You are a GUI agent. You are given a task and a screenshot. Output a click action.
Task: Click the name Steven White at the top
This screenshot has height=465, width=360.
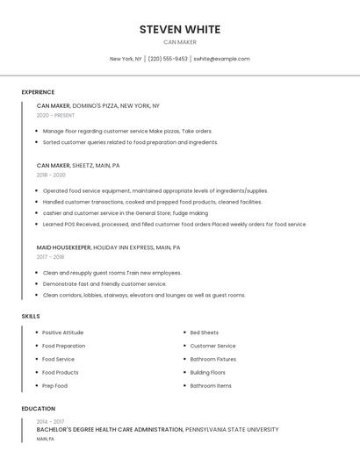(x=179, y=29)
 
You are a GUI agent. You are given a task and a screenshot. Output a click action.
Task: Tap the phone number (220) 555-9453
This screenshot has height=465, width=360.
(x=168, y=59)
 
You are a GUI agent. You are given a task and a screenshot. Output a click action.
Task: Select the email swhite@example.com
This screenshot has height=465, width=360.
(x=221, y=59)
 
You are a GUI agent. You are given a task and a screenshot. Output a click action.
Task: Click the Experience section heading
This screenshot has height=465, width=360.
(x=38, y=92)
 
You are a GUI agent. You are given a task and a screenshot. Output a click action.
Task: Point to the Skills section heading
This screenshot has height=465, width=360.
(x=31, y=316)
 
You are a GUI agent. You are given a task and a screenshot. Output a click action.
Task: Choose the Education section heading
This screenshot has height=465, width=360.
(x=39, y=409)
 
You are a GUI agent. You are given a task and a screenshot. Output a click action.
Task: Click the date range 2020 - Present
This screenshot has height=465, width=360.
(x=55, y=115)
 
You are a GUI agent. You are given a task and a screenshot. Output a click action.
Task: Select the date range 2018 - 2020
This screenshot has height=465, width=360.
(x=51, y=175)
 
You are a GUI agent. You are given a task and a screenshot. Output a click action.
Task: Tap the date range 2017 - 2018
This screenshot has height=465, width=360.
(x=50, y=257)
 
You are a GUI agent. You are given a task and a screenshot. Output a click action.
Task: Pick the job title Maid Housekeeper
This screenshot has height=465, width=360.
(x=63, y=247)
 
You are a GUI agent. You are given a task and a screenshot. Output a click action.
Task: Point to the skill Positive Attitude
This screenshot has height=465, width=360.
(x=63, y=333)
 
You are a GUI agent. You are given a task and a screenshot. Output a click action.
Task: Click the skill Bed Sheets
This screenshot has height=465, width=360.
(x=205, y=333)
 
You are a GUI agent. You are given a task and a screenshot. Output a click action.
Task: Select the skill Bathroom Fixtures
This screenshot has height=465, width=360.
(x=213, y=359)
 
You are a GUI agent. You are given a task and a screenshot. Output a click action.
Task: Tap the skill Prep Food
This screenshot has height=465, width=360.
(x=54, y=386)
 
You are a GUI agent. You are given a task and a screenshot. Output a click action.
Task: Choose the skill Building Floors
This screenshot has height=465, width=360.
(x=208, y=373)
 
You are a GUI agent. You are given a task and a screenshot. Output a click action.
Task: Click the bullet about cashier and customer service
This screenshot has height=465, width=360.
(x=126, y=212)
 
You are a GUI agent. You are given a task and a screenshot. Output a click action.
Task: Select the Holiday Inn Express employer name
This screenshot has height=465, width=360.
(x=124, y=247)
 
